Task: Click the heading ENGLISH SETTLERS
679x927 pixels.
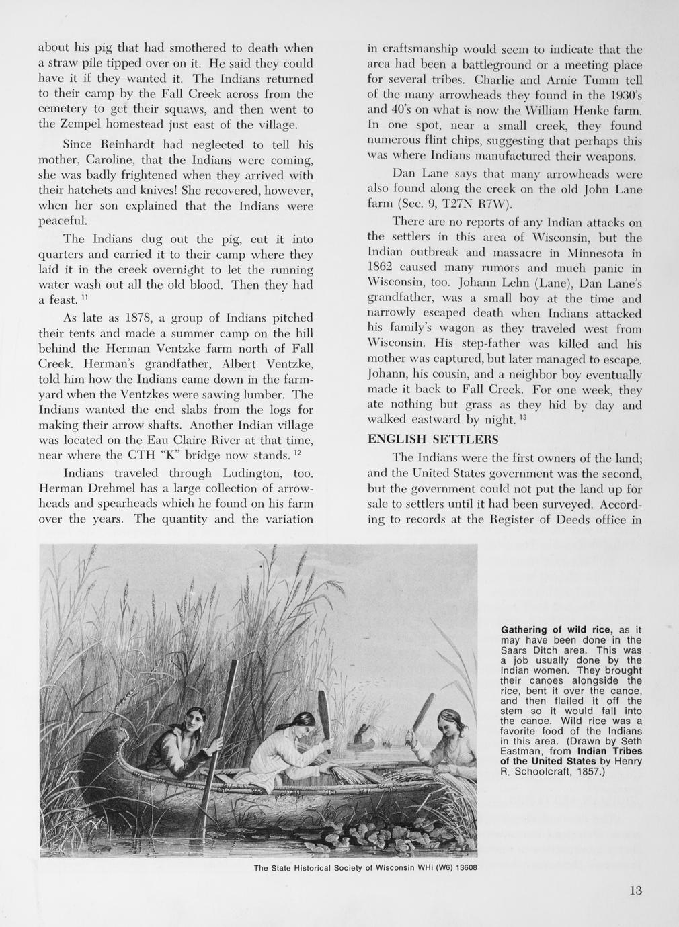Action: tap(433, 439)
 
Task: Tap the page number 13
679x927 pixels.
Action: tap(635, 891)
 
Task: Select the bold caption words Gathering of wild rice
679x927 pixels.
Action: tap(557, 629)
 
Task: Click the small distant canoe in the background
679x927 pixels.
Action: tap(363, 741)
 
